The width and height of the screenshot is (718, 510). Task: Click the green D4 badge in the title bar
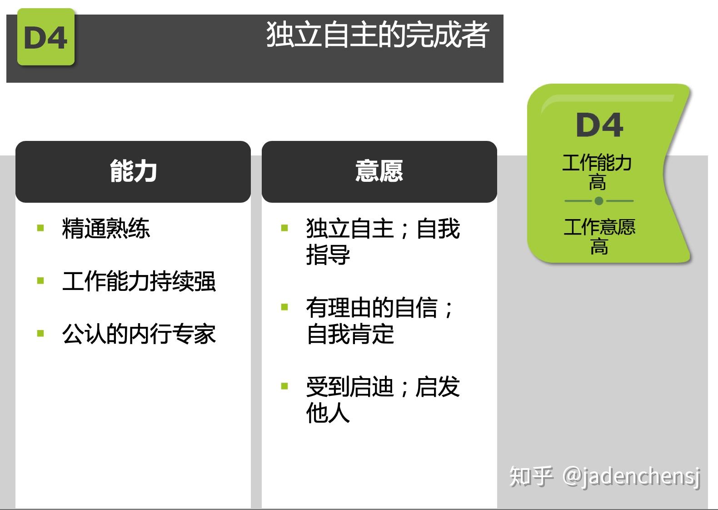pyautogui.click(x=46, y=37)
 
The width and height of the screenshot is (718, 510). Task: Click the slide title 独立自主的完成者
pyautogui.click(x=378, y=34)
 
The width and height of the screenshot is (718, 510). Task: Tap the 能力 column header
pyautogui.click(x=133, y=171)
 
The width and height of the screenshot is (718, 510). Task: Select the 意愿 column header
pyautogui.click(x=379, y=171)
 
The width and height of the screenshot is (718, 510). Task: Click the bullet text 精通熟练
pyautogui.click(x=106, y=228)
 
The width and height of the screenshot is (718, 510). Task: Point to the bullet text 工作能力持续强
pyautogui.click(x=139, y=281)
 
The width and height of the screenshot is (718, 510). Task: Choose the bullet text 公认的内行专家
pyautogui.click(x=139, y=334)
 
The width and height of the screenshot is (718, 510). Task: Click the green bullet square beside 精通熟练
pyautogui.click(x=40, y=228)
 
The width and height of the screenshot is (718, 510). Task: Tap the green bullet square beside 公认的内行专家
pyautogui.click(x=40, y=333)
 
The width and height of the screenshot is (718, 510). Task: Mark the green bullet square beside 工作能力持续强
pyautogui.click(x=40, y=281)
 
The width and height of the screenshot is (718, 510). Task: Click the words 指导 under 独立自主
pyautogui.click(x=328, y=255)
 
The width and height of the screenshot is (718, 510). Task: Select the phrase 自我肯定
pyautogui.click(x=350, y=334)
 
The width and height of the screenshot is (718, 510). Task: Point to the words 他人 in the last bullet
pyautogui.click(x=328, y=413)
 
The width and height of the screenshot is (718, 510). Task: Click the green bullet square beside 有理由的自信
pyautogui.click(x=284, y=307)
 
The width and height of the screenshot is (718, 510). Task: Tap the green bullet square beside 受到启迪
pyautogui.click(x=284, y=386)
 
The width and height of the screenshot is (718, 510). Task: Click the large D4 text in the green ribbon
pyautogui.click(x=599, y=125)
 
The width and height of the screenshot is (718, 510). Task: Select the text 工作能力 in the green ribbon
pyautogui.click(x=597, y=162)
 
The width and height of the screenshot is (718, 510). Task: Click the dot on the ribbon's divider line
pyautogui.click(x=599, y=201)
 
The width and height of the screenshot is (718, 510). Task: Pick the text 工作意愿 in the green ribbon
pyautogui.click(x=599, y=227)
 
